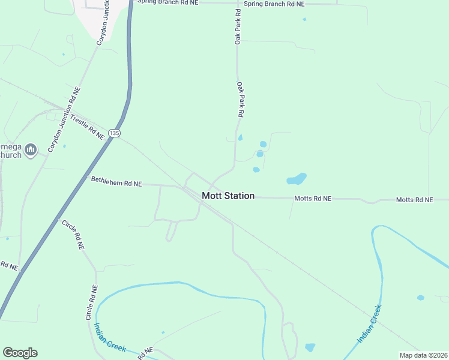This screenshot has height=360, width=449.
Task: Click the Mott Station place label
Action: click(228, 196)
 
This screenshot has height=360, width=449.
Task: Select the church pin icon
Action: click(32, 149)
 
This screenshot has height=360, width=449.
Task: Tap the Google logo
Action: click(20, 353)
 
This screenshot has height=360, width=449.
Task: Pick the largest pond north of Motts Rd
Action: click(297, 179)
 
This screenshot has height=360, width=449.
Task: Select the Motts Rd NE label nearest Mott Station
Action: click(313, 198)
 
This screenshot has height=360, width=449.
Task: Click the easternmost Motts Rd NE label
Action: click(414, 199)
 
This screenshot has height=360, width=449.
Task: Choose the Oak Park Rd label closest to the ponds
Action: click(241, 99)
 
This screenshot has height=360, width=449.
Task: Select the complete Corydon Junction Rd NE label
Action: click(65, 119)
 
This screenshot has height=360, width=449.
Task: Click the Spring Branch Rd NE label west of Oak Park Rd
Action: click(167, 2)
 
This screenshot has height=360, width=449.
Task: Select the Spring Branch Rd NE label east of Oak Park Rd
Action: click(274, 4)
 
